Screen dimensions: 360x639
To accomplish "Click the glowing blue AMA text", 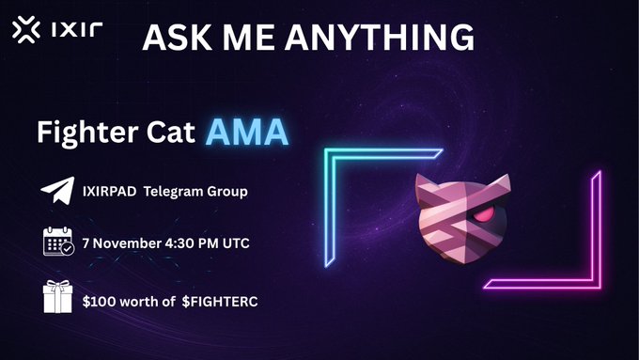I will point(246,132).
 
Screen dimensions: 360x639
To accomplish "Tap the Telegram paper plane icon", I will point(57,192).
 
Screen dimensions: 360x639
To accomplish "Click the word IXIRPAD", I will point(118,193).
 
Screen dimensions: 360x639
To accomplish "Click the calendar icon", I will point(58,242).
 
